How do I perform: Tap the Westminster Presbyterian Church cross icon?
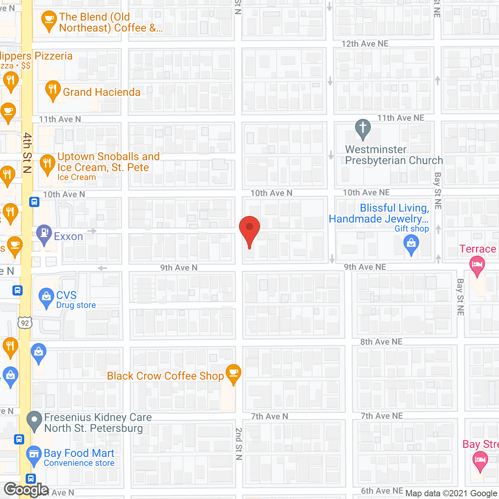coord(363,128)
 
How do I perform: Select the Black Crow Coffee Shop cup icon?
coord(234,373)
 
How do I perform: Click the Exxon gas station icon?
coord(44,234)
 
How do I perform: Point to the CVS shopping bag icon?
coord(46,297)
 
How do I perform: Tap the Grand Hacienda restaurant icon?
coord(53,90)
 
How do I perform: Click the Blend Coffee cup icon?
coord(49,21)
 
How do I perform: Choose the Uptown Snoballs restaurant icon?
coord(47,164)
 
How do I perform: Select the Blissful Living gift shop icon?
coord(411,245)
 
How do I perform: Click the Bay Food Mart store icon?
coord(34,455)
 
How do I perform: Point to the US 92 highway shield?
coord(25,323)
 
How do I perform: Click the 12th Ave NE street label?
coord(365,44)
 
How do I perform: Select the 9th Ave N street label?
coord(179,268)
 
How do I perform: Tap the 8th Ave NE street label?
coord(381,342)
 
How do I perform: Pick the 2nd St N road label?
coord(239,444)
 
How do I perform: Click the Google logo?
coord(26,490)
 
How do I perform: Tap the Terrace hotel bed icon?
coord(478,265)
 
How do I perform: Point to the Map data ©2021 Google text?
coord(451,494)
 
